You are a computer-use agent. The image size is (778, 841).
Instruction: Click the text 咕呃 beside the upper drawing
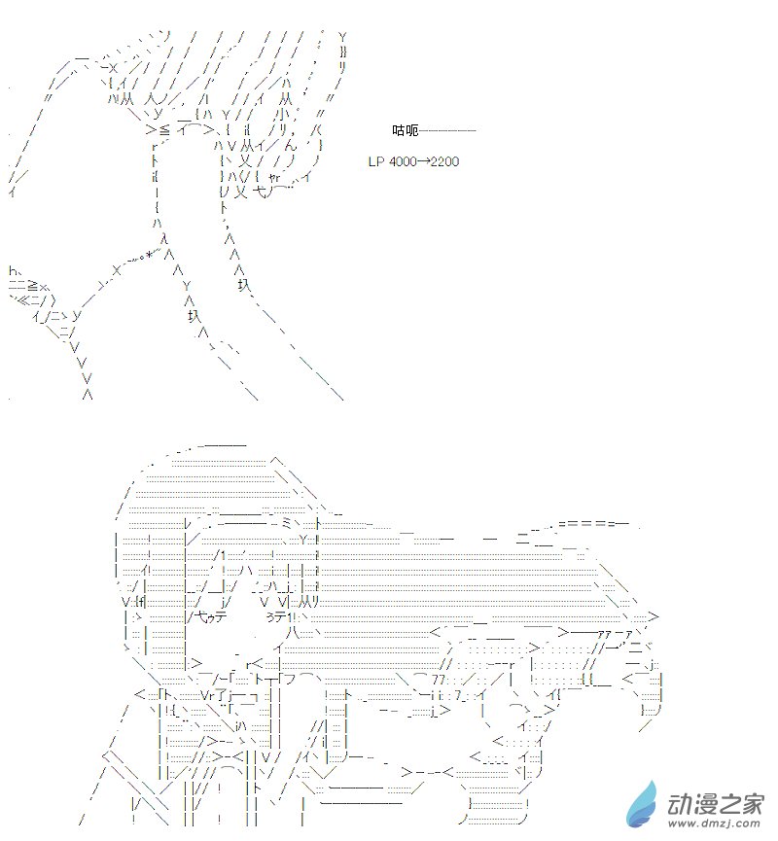(405, 130)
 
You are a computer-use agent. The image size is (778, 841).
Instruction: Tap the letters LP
(375, 161)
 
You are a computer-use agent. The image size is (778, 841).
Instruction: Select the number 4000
(402, 161)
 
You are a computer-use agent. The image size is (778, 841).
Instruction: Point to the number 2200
(444, 161)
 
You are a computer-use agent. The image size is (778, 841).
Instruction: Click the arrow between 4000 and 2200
(423, 161)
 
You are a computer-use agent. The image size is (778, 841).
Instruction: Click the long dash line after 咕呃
(447, 130)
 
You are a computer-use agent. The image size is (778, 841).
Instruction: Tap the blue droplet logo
(642, 804)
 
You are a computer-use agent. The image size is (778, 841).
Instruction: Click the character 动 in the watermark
(679, 804)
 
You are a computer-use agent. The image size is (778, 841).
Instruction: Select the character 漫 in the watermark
(704, 804)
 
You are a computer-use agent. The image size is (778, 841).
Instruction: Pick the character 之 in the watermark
(728, 804)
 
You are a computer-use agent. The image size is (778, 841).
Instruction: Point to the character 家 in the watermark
(752, 804)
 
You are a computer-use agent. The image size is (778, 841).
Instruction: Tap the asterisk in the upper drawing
(151, 255)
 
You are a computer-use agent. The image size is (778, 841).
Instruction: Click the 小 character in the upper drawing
(285, 115)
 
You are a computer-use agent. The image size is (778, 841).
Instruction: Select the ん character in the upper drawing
(290, 145)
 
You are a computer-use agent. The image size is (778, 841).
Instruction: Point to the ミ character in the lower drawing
(286, 523)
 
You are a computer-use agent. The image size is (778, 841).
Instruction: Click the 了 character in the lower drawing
(222, 695)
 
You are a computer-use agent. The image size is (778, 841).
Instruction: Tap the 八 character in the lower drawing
(293, 633)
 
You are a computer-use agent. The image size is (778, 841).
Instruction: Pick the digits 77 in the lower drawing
(439, 681)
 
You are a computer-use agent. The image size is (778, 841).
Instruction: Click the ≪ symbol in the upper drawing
(24, 300)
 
